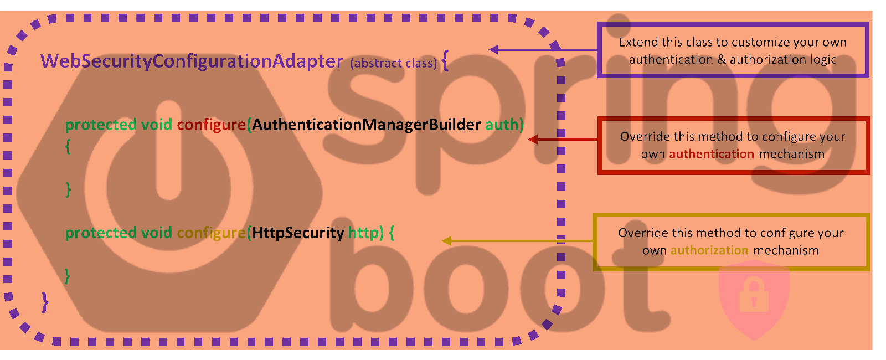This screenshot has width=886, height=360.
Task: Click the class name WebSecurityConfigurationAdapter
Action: tap(192, 61)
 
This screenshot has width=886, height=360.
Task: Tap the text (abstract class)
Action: tap(393, 63)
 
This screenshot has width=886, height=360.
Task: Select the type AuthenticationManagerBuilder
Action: tap(366, 125)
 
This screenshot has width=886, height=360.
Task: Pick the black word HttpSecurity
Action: tap(298, 233)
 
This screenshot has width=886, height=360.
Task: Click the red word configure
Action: tap(211, 125)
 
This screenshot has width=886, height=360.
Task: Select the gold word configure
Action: tap(211, 233)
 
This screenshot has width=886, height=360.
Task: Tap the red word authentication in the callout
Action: tap(711, 154)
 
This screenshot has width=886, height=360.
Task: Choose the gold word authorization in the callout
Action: tap(709, 250)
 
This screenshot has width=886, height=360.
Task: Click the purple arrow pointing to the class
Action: tap(543, 50)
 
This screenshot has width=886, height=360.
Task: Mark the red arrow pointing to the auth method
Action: tap(562, 139)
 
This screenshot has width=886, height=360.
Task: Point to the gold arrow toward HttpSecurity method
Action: tap(518, 241)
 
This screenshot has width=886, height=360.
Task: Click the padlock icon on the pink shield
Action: tap(754, 295)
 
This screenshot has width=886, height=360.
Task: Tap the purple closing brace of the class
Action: tap(45, 302)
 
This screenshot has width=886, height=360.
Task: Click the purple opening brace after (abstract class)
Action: tap(445, 61)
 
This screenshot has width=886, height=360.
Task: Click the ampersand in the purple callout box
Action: tap(721, 59)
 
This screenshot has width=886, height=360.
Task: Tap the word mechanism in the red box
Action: tap(791, 154)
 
